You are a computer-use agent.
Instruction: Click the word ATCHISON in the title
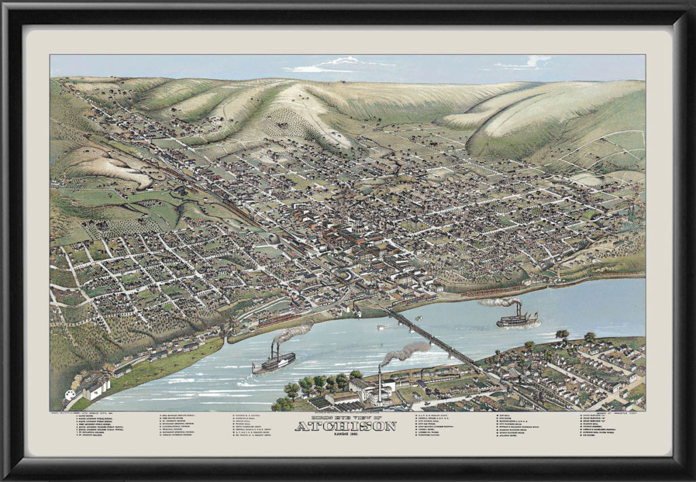(345, 426)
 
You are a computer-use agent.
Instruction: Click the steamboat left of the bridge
(273, 363)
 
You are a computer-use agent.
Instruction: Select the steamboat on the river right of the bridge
(517, 318)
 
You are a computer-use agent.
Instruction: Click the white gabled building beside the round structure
(95, 388)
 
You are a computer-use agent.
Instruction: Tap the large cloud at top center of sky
(333, 65)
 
